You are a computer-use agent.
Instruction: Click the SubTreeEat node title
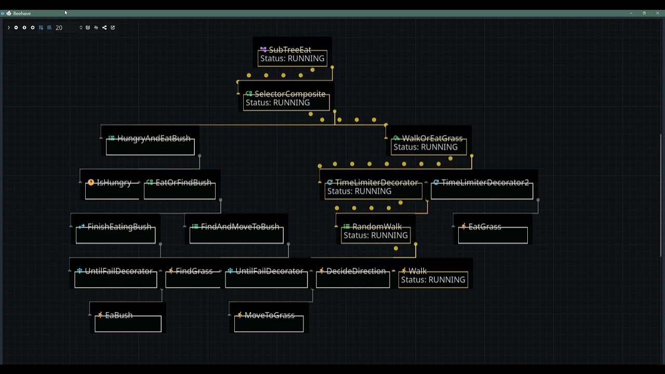[290, 50]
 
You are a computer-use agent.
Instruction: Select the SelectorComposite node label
[290, 94]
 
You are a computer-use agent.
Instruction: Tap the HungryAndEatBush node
[153, 139]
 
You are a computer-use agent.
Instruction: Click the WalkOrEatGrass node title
[432, 139]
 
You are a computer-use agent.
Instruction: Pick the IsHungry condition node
[114, 183]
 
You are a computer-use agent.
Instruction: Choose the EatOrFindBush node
[183, 183]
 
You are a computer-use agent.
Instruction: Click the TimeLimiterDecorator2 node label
[485, 183]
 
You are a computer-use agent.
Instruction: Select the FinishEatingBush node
[119, 227]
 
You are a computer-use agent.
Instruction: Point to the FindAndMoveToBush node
[240, 227]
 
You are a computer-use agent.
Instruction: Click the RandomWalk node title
[377, 227]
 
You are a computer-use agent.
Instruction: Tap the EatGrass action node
[484, 227]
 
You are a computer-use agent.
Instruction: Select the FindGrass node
[194, 271]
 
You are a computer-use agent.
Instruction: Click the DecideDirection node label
[356, 271]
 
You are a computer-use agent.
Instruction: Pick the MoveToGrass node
[269, 315]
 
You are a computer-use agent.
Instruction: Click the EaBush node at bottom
[118, 315]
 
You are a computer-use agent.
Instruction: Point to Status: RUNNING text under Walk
[433, 280]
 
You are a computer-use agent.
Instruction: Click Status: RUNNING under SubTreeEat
[292, 59]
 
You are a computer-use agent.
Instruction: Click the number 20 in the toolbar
[59, 28]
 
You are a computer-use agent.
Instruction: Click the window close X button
[657, 13]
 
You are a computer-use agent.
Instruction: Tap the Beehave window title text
[22, 14]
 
